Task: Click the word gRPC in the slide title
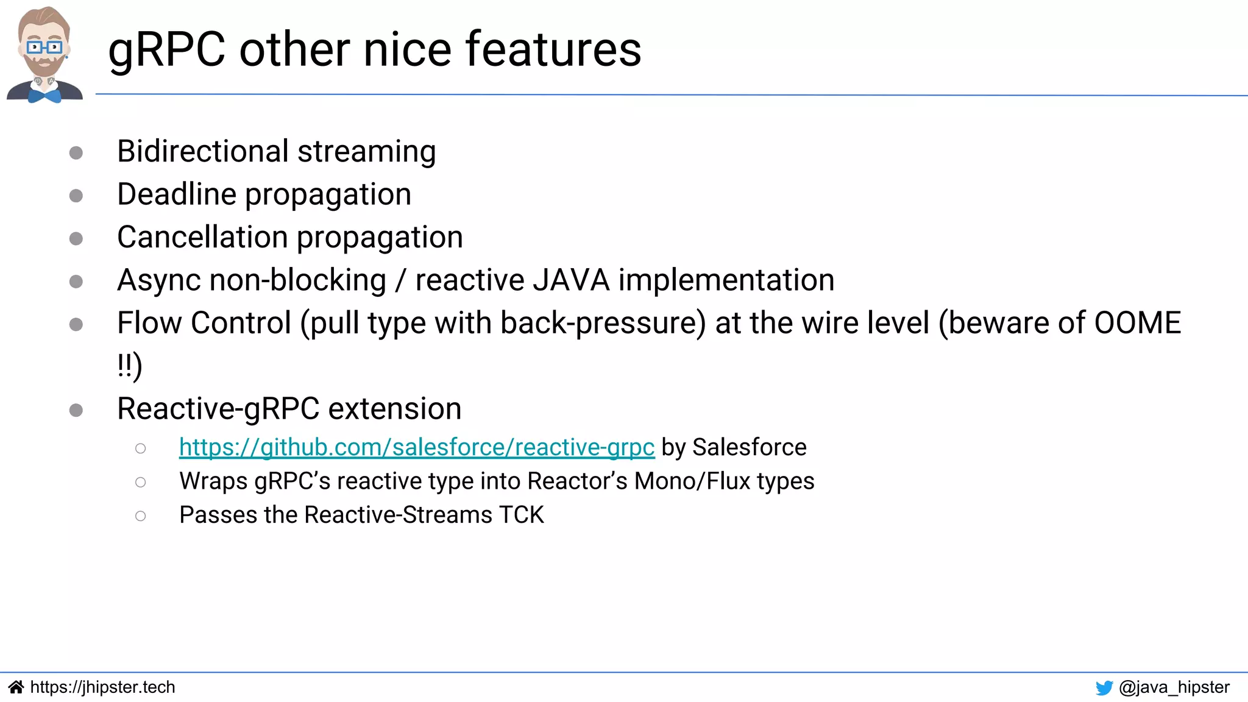[x=166, y=50]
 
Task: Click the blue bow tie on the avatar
[x=44, y=96]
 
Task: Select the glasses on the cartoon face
[x=44, y=47]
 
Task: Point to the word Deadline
[x=176, y=194]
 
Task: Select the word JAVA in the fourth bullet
[x=571, y=280]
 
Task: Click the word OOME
[x=1137, y=322]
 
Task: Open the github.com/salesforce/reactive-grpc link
[x=417, y=447]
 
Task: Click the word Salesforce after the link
[x=749, y=447]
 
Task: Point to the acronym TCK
[x=521, y=515]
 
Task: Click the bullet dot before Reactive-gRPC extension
[x=76, y=410]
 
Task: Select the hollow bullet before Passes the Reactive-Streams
[x=141, y=516]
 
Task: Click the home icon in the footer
[x=16, y=687]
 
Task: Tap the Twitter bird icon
[x=1104, y=688]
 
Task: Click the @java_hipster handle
[x=1174, y=687]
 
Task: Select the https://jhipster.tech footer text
[x=102, y=687]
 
